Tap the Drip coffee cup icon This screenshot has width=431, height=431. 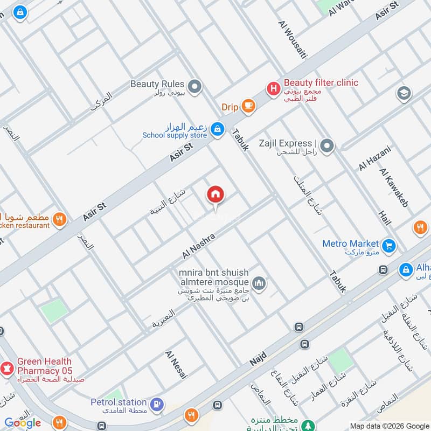coord(248,106)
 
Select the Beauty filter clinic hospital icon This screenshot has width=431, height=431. coord(274,87)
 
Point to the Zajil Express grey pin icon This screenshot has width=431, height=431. coord(326,145)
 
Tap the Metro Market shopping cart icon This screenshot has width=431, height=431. coord(388,246)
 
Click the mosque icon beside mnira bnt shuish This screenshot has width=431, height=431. coord(259,283)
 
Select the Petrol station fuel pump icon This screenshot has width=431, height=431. coord(157,404)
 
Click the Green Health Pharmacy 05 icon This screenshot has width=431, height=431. coord(7,369)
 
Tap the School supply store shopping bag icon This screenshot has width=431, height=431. coord(217,129)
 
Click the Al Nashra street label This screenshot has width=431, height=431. coord(199,245)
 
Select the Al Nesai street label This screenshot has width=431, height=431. coord(176,365)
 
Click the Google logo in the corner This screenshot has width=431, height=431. coord(23,423)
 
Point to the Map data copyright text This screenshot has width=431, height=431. coord(389,426)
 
